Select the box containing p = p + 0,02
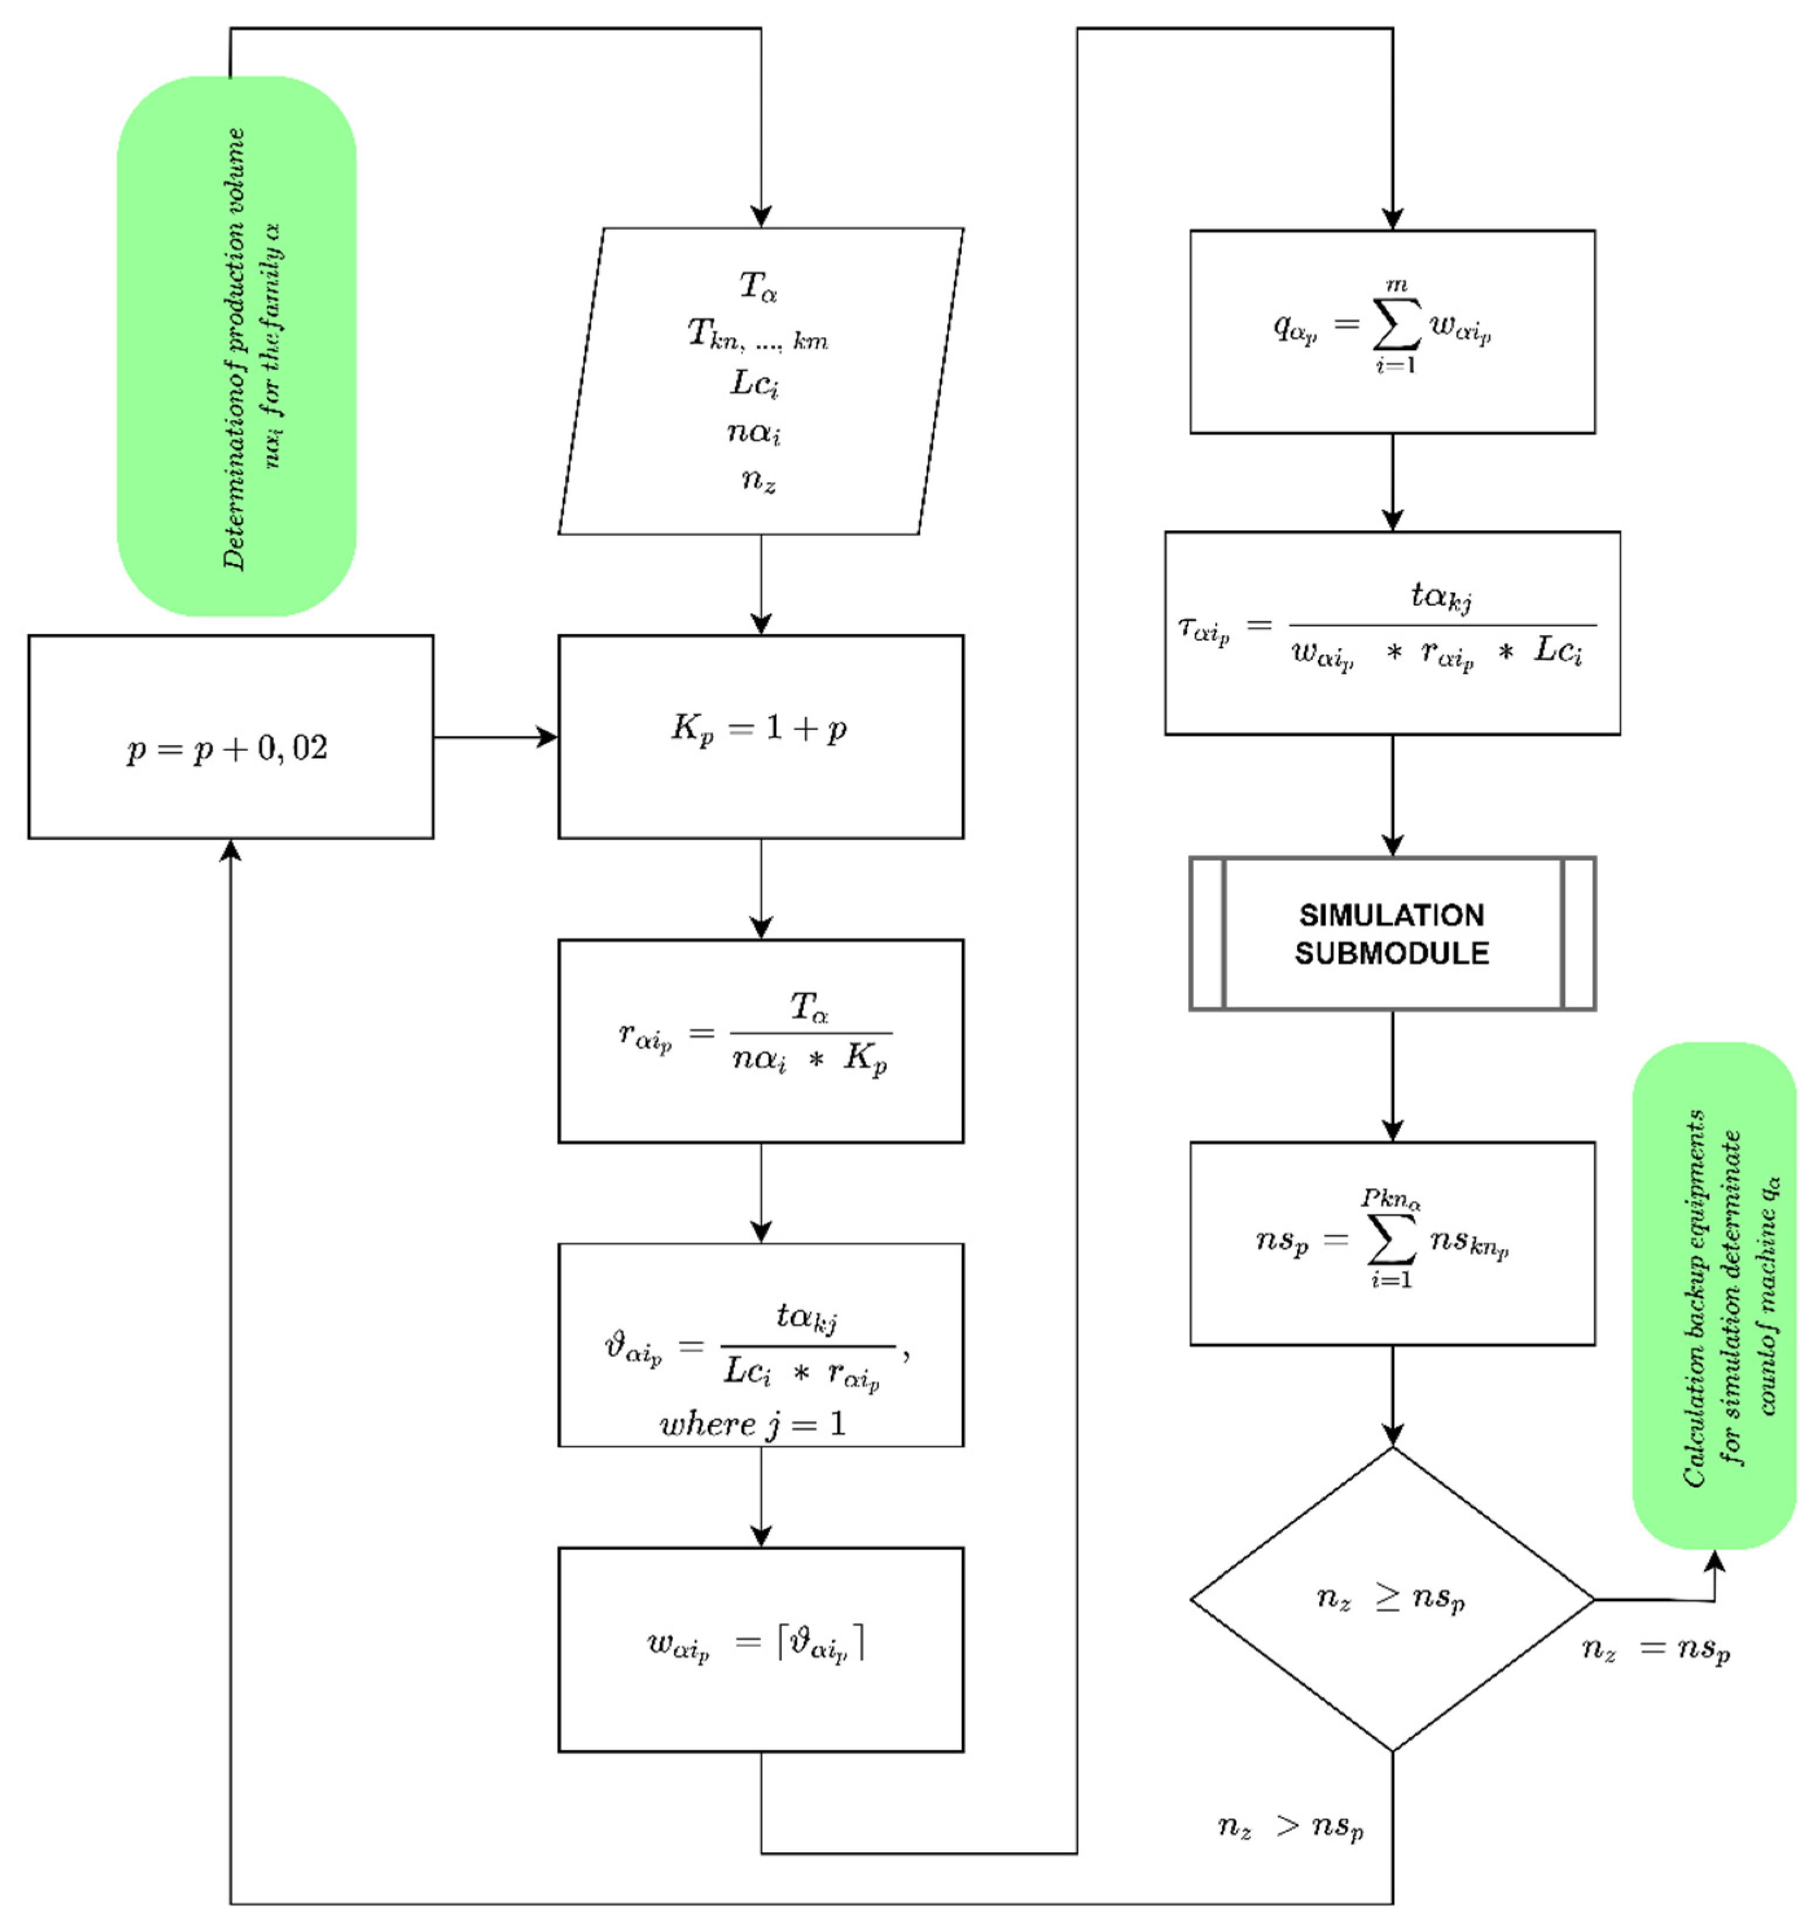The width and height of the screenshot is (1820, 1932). click(231, 736)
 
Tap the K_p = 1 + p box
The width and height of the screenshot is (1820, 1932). click(760, 736)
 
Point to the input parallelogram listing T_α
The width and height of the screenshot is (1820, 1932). click(760, 381)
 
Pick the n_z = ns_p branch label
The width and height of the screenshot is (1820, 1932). click(1656, 1649)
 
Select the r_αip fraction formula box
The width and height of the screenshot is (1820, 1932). click(760, 1041)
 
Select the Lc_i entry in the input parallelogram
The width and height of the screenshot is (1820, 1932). click(756, 384)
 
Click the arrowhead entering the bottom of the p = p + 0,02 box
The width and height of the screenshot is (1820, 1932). click(231, 849)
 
